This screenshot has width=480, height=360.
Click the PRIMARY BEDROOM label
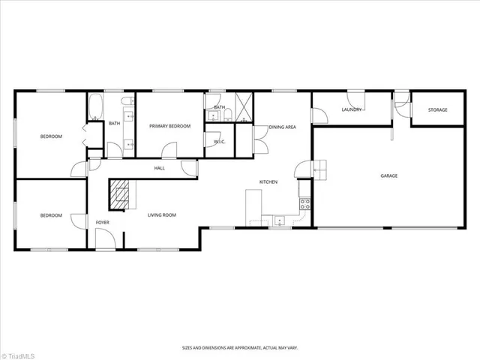click(169, 126)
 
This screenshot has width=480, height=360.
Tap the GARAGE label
click(388, 175)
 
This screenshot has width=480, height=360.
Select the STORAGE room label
click(438, 110)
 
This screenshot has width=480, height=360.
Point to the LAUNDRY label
click(352, 110)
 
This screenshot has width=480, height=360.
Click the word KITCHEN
click(269, 182)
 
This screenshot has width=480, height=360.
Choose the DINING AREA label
click(282, 127)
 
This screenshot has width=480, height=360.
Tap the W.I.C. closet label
click(220, 142)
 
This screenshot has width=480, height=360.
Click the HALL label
click(160, 168)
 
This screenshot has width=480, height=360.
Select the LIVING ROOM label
click(161, 215)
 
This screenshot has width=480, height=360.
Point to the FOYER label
click(102, 223)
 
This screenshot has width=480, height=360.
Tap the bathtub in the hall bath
click(96, 107)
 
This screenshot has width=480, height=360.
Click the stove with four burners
click(305, 202)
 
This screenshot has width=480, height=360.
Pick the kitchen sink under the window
click(280, 220)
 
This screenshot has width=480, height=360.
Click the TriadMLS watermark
click(22, 352)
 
